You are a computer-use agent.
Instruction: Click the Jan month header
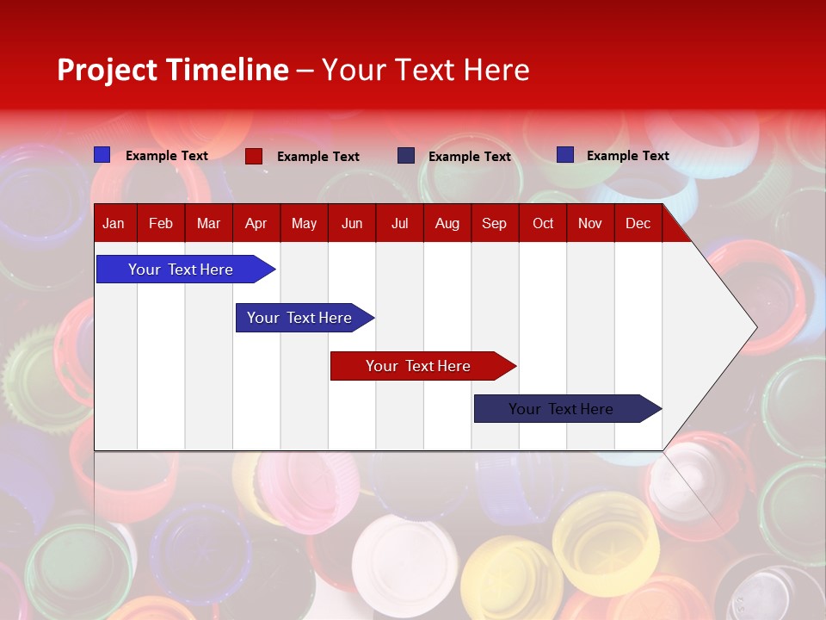click(x=114, y=224)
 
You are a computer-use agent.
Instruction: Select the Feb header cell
click(x=161, y=224)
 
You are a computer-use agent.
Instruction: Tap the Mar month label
click(x=208, y=224)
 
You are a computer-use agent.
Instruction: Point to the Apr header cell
click(x=256, y=224)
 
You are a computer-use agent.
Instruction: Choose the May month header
click(x=304, y=224)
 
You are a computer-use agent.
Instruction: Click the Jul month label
click(x=399, y=224)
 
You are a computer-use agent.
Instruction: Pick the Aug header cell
click(x=447, y=224)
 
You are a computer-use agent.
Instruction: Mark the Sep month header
click(x=495, y=224)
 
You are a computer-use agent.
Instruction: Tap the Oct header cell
click(x=543, y=224)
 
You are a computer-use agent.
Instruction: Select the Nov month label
click(x=590, y=224)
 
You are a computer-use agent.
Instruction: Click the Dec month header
click(x=638, y=224)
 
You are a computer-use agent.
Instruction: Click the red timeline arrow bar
click(x=422, y=366)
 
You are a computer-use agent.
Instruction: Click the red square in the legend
click(x=254, y=156)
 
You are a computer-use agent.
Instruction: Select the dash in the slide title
click(x=305, y=71)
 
